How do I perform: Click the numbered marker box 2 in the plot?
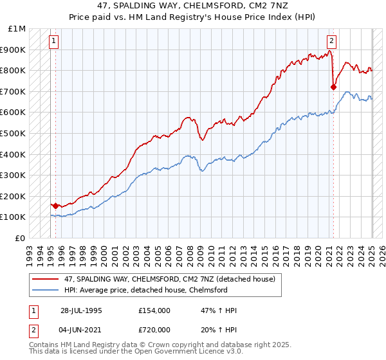(331, 40)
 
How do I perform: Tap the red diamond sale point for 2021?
(333, 87)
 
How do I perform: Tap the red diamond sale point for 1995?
(56, 206)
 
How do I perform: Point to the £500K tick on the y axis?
(14, 133)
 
